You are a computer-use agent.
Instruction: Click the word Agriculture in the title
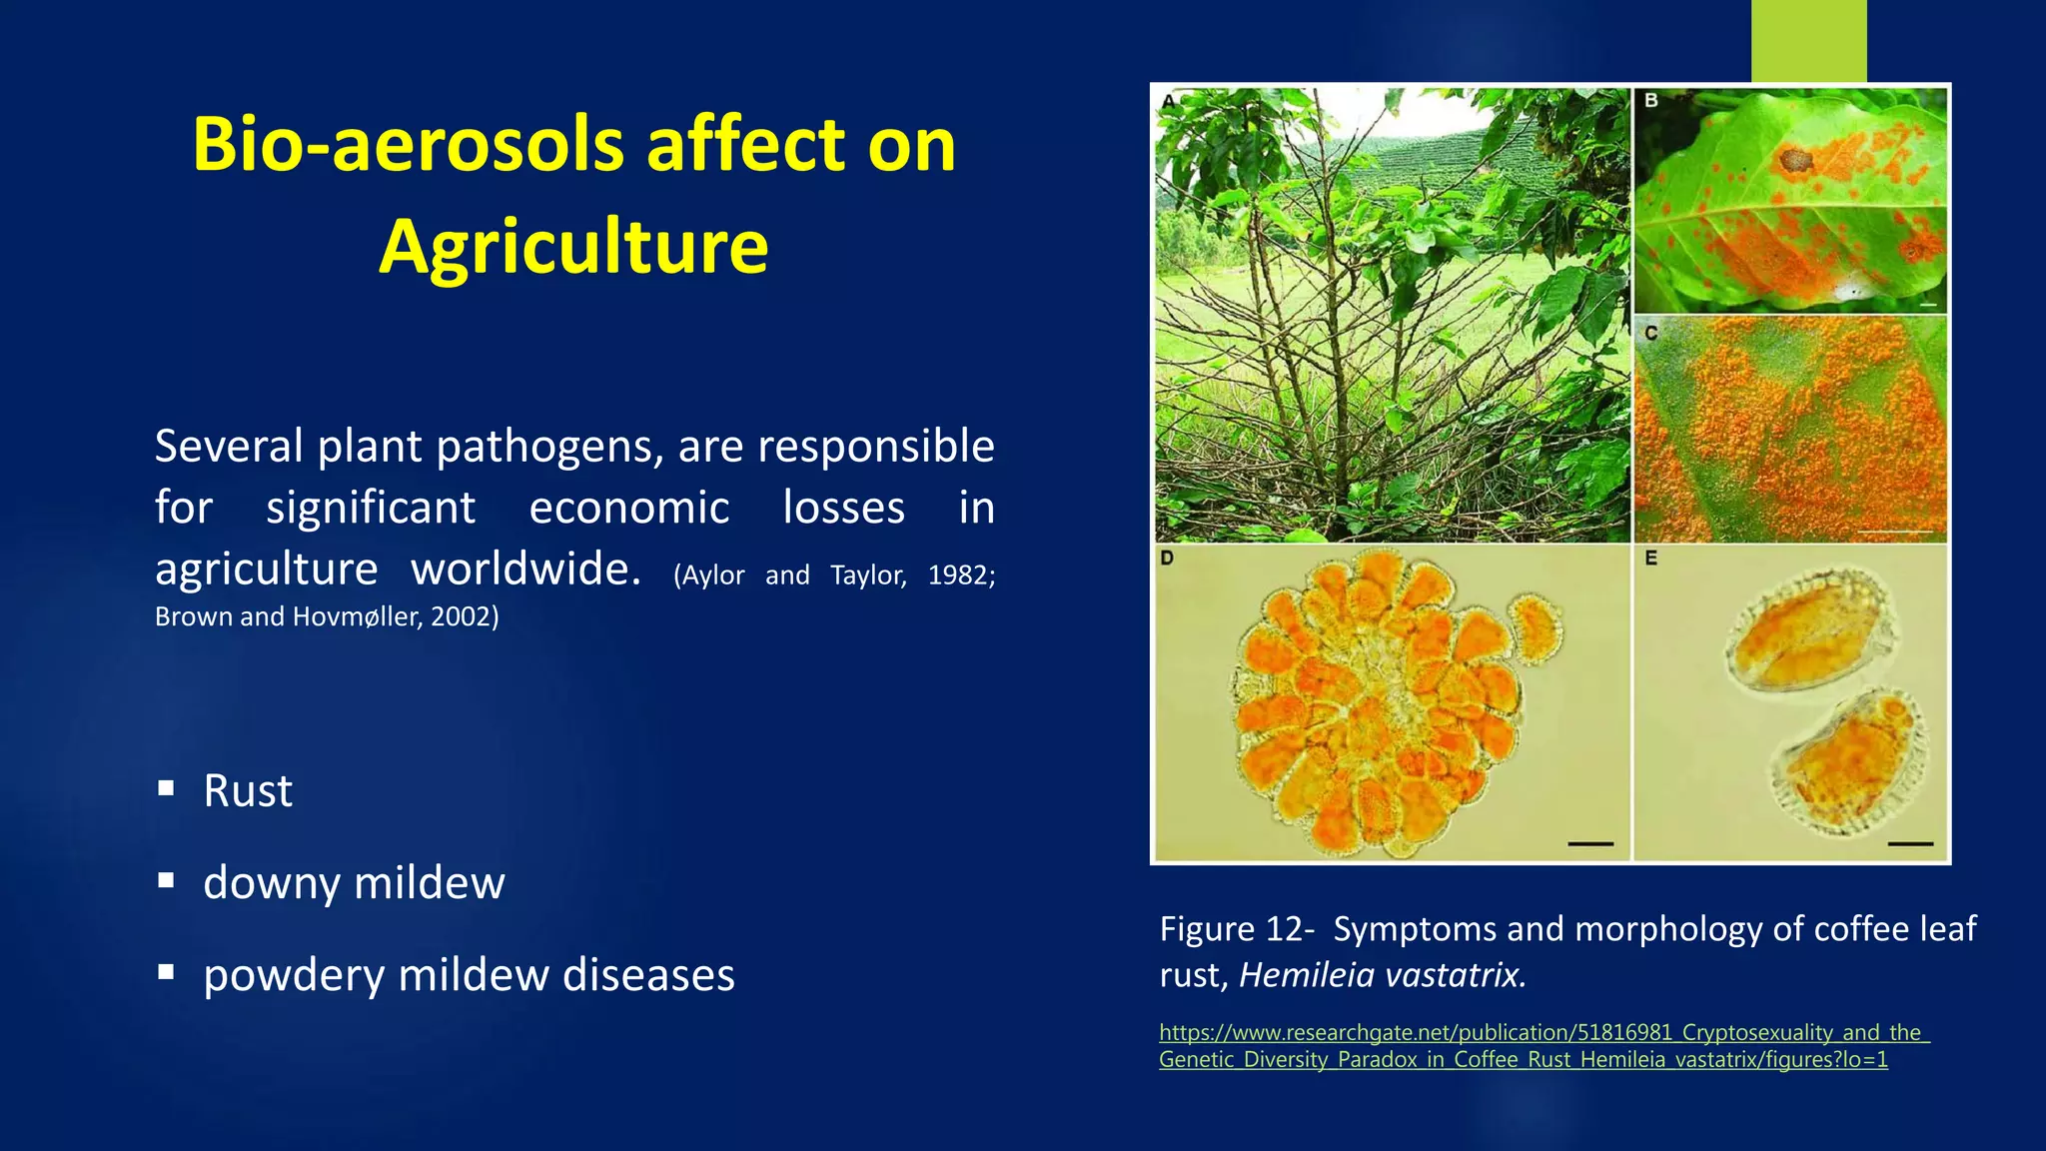tap(573, 246)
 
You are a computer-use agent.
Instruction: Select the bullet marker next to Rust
tap(166, 789)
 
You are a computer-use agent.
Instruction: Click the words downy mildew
tap(354, 882)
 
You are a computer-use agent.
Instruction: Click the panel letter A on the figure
tap(1168, 101)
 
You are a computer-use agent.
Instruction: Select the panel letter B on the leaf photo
tap(1651, 101)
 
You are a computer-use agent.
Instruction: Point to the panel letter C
tap(1651, 333)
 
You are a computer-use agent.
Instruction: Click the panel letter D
tap(1167, 559)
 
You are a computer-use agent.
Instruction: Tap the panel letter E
tap(1651, 559)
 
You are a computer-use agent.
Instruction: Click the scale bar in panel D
tap(1590, 844)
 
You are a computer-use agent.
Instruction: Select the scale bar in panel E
tap(1910, 844)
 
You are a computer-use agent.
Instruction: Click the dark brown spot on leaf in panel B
tap(1795, 160)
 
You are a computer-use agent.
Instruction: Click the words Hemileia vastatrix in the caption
tap(1382, 975)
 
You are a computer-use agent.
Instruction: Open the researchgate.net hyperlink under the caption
tap(1542, 1045)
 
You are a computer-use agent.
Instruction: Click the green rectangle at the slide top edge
tap(1808, 40)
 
